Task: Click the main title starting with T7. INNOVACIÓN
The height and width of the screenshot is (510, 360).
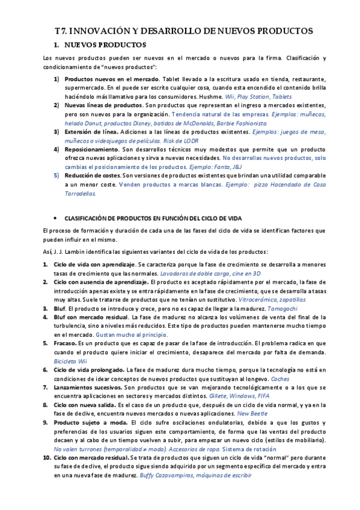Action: point(180,31)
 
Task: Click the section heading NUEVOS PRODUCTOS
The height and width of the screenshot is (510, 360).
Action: point(104,45)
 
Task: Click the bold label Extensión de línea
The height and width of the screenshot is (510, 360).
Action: point(95,131)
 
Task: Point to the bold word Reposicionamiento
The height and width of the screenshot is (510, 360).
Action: point(92,149)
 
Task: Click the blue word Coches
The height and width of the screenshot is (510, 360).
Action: point(280,378)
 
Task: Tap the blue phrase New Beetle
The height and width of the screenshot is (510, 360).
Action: point(256,414)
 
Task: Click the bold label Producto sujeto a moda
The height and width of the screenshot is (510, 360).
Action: point(87,423)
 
